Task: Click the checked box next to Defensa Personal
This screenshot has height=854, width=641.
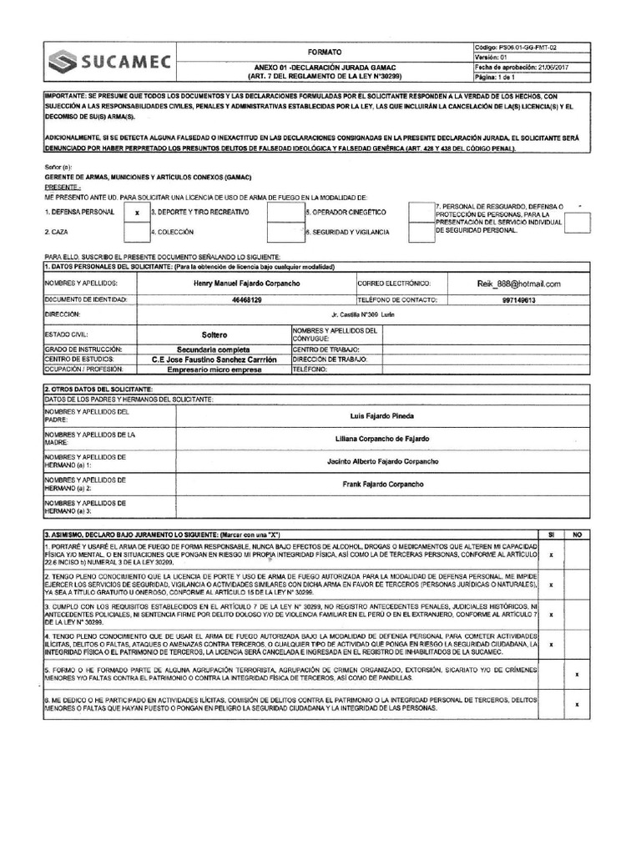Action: pyautogui.click(x=136, y=213)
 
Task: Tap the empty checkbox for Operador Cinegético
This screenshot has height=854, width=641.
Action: pyautogui.click(x=285, y=213)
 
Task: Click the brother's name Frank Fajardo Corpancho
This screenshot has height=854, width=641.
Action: pyautogui.click(x=383, y=484)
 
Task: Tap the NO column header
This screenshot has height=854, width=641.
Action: pyautogui.click(x=577, y=534)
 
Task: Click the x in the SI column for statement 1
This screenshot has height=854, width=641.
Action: pyautogui.click(x=551, y=555)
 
